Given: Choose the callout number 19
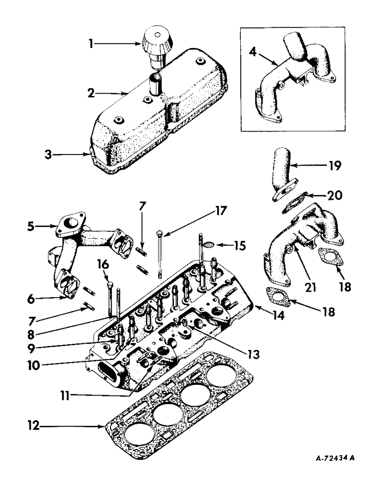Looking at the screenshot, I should (x=334, y=166).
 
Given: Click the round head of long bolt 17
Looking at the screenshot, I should (x=160, y=233).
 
